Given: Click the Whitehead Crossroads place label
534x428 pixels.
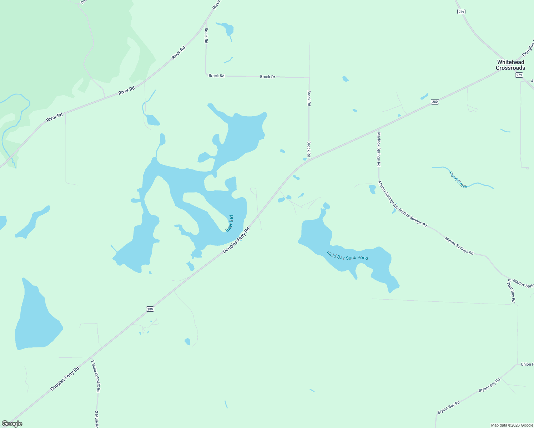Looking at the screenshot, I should (510, 65).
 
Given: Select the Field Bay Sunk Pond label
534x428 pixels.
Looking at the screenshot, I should (347, 256).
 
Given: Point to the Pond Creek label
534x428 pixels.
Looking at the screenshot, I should (458, 180).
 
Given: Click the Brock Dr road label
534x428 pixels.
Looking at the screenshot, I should (267, 77).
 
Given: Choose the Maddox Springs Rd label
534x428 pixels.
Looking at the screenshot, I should (379, 149).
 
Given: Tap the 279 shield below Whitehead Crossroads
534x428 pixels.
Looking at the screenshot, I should (519, 75).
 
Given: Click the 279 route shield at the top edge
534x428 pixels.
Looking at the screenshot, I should (461, 12).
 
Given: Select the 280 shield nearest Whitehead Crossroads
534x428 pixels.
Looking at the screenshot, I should (434, 102).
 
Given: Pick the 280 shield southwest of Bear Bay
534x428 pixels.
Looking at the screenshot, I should (150, 309).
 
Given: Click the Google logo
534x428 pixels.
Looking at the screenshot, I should (12, 424).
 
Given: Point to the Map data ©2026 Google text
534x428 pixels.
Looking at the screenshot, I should (512, 425).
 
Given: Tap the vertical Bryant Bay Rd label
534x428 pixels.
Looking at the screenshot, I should (511, 291).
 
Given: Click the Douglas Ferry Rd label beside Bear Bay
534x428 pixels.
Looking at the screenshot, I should (236, 240).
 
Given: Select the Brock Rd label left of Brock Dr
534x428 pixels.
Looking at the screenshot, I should (216, 76).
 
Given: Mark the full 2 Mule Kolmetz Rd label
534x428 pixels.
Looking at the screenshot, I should (95, 376).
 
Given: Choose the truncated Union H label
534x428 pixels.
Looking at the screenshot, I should (527, 364).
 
